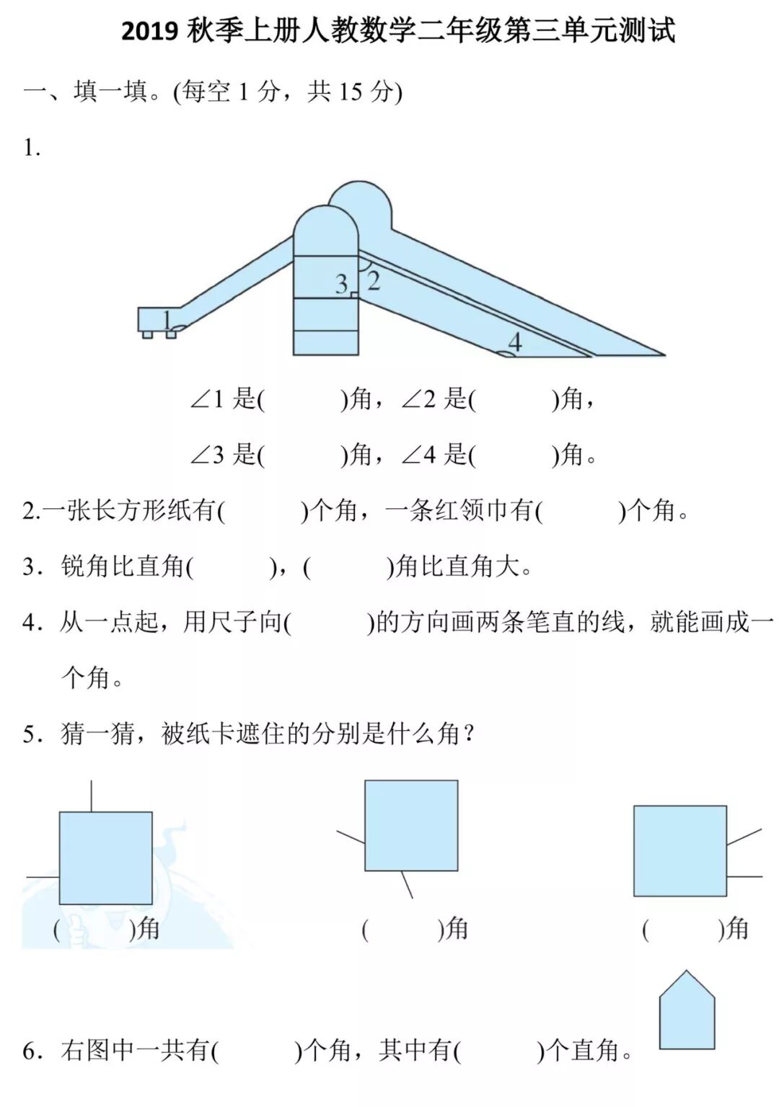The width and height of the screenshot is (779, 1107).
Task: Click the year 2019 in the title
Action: [x=149, y=32]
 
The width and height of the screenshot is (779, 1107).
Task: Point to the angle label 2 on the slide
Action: [x=373, y=280]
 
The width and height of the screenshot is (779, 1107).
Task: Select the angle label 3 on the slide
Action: [x=341, y=284]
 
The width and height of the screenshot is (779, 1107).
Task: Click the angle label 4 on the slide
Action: [x=514, y=341]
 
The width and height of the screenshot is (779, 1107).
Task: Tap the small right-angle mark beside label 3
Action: [x=354, y=294]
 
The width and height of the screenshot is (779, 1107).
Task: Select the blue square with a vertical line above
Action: [x=105, y=858]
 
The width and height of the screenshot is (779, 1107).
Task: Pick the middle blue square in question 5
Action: [x=411, y=825]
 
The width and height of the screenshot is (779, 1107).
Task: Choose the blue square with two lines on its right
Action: [x=680, y=850]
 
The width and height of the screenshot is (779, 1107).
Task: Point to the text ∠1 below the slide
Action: [x=207, y=399]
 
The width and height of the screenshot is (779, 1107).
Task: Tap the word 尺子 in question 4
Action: [x=208, y=621]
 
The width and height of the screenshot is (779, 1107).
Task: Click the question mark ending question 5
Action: [x=469, y=734]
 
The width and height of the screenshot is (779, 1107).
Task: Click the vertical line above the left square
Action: [x=91, y=796]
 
